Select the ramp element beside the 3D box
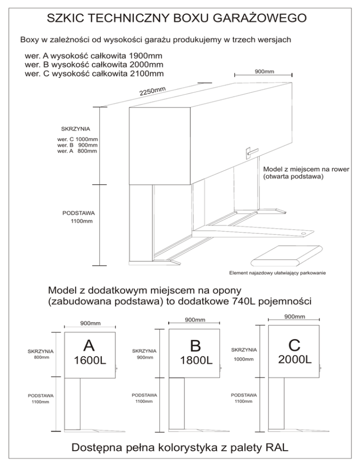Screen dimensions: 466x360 [x=286, y=255]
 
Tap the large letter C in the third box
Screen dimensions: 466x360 [x=294, y=345]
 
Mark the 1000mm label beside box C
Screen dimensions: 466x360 [x=244, y=360]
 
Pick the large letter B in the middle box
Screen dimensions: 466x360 [x=195, y=346]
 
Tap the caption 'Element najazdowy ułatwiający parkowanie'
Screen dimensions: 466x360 [x=277, y=272]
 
